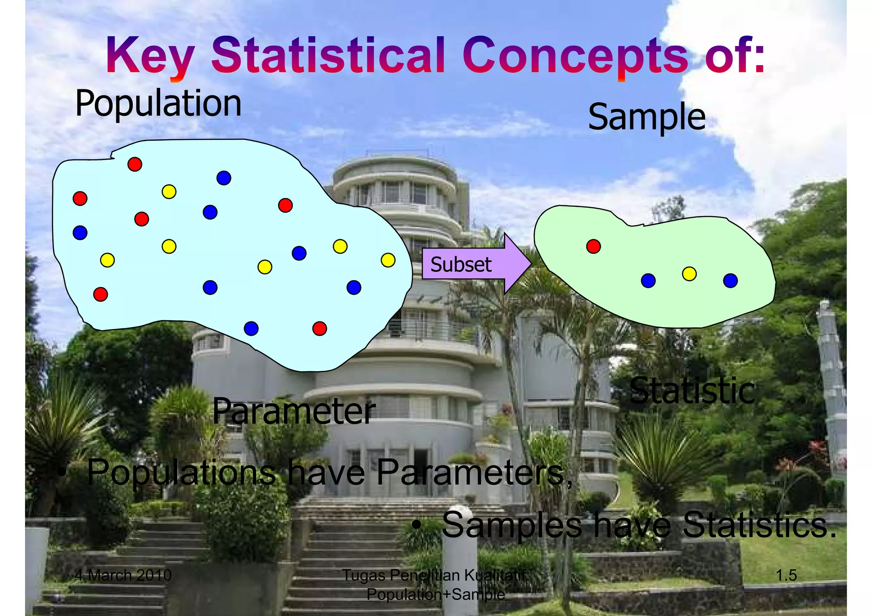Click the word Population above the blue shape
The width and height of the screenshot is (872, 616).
pos(158,104)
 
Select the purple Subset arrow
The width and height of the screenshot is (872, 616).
pos(473,264)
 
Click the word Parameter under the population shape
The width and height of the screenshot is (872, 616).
pos(294,411)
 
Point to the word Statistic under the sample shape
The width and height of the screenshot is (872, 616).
pos(692,391)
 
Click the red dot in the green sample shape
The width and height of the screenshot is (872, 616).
pos(593,246)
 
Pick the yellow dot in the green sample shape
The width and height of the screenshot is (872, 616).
pos(689,273)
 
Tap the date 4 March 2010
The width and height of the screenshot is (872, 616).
pos(123,575)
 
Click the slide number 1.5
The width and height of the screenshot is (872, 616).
pos(786,575)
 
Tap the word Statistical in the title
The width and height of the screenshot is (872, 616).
pos(328,56)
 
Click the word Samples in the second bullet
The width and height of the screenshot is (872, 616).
pos(512,525)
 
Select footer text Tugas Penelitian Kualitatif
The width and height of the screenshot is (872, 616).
pos(435,575)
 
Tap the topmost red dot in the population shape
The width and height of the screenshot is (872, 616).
pos(135,164)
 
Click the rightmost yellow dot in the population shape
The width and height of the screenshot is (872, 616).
pos(388,260)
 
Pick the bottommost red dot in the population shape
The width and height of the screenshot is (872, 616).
pos(319,328)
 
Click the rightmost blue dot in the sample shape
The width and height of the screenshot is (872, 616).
pos(730,281)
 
